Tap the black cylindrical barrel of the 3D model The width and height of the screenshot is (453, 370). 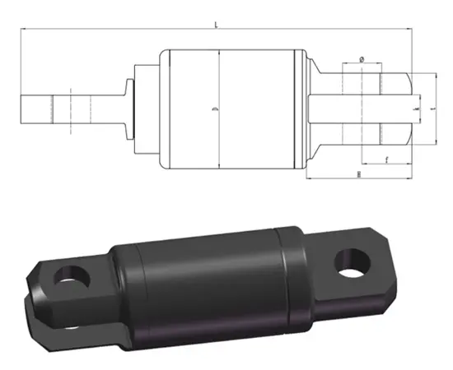pyautogui.click(x=206, y=271)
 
